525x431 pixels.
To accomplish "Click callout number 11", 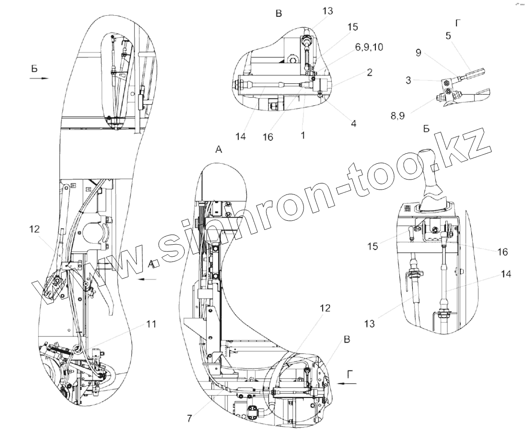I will pyautogui.click(x=151, y=324).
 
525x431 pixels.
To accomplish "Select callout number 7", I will pyautogui.click(x=190, y=418).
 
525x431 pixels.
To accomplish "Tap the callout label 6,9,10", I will pyautogui.click(x=369, y=47).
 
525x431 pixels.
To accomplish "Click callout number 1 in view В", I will pyautogui.click(x=303, y=136).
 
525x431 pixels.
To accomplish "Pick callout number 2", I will pyautogui.click(x=370, y=72).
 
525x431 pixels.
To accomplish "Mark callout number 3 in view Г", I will pyautogui.click(x=408, y=80).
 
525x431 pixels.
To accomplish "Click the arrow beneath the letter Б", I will pyautogui.click(x=38, y=79).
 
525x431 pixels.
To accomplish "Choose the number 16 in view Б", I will pyautogui.click(x=502, y=251).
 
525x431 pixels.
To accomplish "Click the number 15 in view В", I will pyautogui.click(x=352, y=27).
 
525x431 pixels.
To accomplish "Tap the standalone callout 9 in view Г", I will pyautogui.click(x=418, y=53).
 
